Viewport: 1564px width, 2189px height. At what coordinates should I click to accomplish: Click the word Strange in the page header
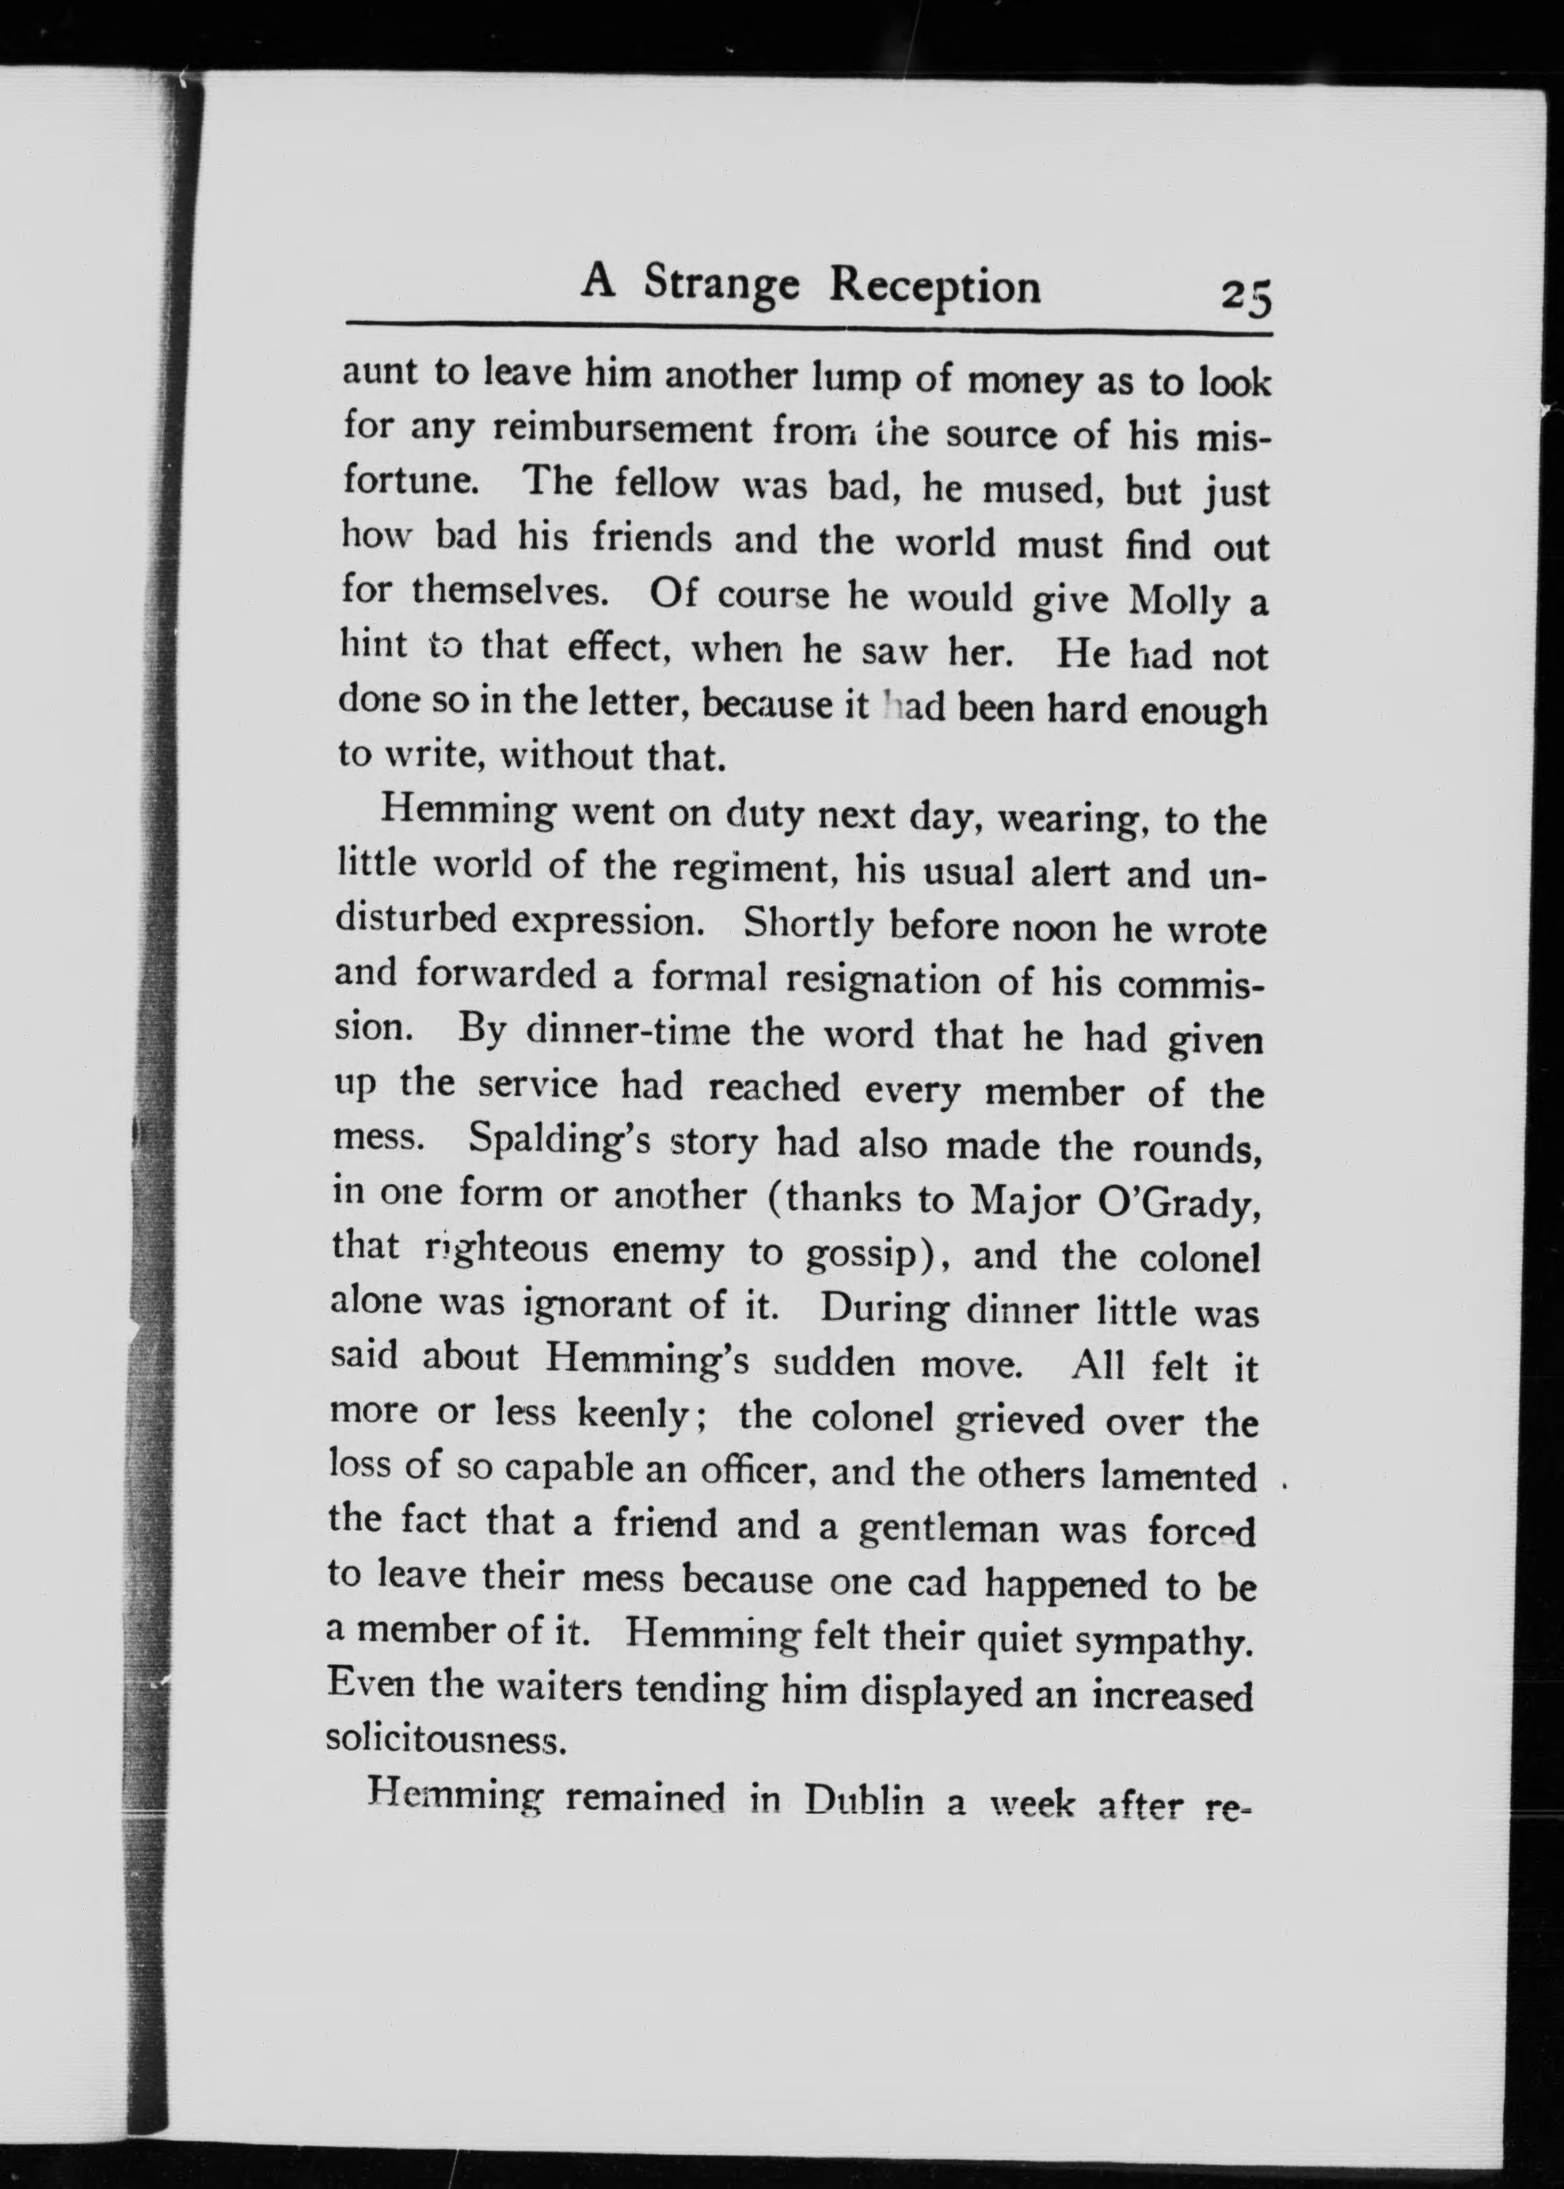click(721, 286)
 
